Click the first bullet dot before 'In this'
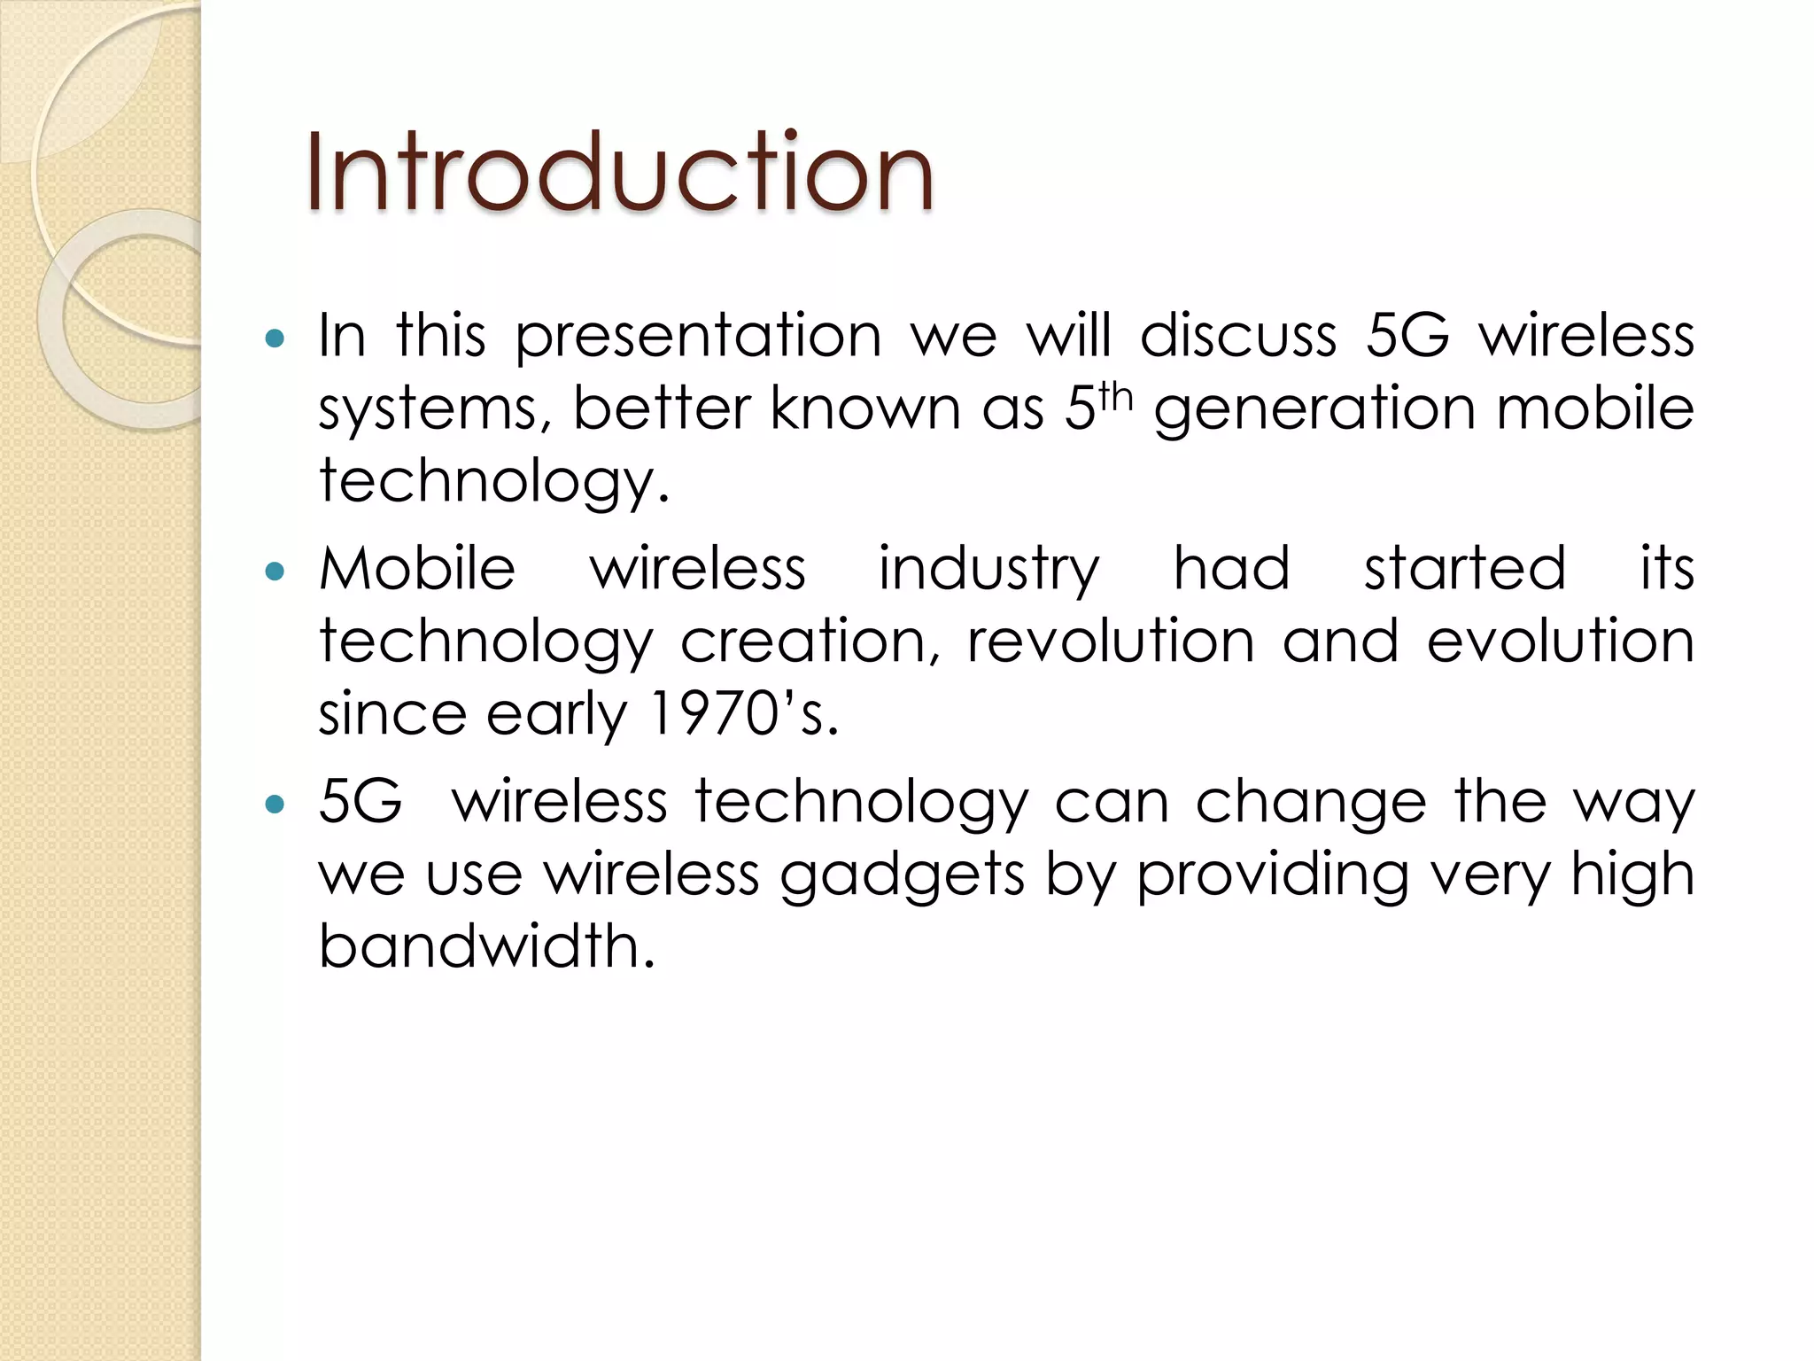coord(275,338)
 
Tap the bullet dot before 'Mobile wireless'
coord(275,571)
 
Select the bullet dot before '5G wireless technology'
coord(275,804)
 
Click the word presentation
coord(698,338)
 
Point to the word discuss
coord(1237,336)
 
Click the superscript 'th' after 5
coord(1115,399)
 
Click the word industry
coord(988,570)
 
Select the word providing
coord(1272,875)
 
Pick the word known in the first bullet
coord(864,408)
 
